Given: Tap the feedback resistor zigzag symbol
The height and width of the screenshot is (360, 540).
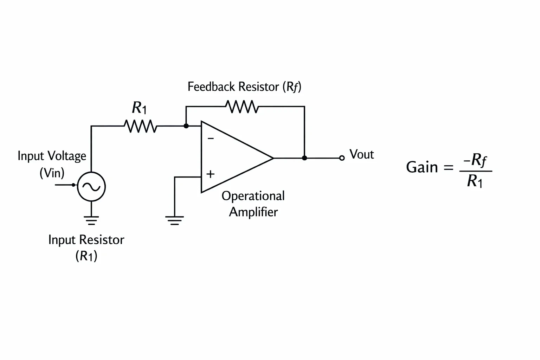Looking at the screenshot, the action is tap(242, 107).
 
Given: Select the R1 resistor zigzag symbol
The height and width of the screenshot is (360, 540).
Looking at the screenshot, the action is tap(141, 126).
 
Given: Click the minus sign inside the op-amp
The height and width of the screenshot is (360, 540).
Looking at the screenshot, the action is tap(211, 138).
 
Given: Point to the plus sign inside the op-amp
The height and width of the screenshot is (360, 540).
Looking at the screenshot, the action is tap(211, 174).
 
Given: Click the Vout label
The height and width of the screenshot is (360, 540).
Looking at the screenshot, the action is tap(362, 154).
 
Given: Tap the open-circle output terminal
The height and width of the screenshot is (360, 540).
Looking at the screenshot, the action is tap(342, 158).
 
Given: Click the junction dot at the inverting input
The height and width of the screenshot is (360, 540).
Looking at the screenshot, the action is tap(186, 126).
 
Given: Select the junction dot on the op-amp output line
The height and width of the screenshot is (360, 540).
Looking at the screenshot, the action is tap(304, 158).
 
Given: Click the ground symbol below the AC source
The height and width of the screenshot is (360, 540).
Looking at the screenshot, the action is tap(91, 220).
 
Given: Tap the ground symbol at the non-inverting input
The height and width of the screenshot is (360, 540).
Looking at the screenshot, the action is tap(174, 220).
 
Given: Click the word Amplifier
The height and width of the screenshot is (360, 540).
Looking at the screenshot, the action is tap(253, 212).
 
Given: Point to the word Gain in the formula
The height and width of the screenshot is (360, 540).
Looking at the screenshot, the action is tap(422, 167).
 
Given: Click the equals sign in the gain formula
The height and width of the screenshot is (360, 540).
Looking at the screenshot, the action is tap(448, 167).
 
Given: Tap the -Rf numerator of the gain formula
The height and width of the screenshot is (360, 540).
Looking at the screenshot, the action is tap(475, 160).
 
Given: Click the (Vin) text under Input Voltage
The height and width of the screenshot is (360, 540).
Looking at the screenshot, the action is tap(52, 173).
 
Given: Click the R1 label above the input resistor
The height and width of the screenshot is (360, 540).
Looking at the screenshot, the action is tap(139, 108).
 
